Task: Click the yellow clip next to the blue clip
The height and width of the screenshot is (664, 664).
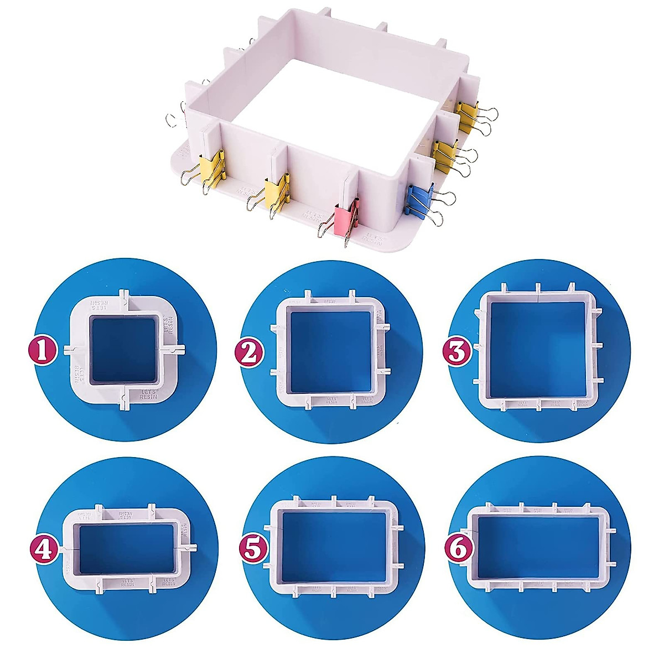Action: (445, 154)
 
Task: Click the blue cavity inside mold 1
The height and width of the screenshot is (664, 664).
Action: (124, 350)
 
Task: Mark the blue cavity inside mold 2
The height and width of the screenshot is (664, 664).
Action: (330, 352)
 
